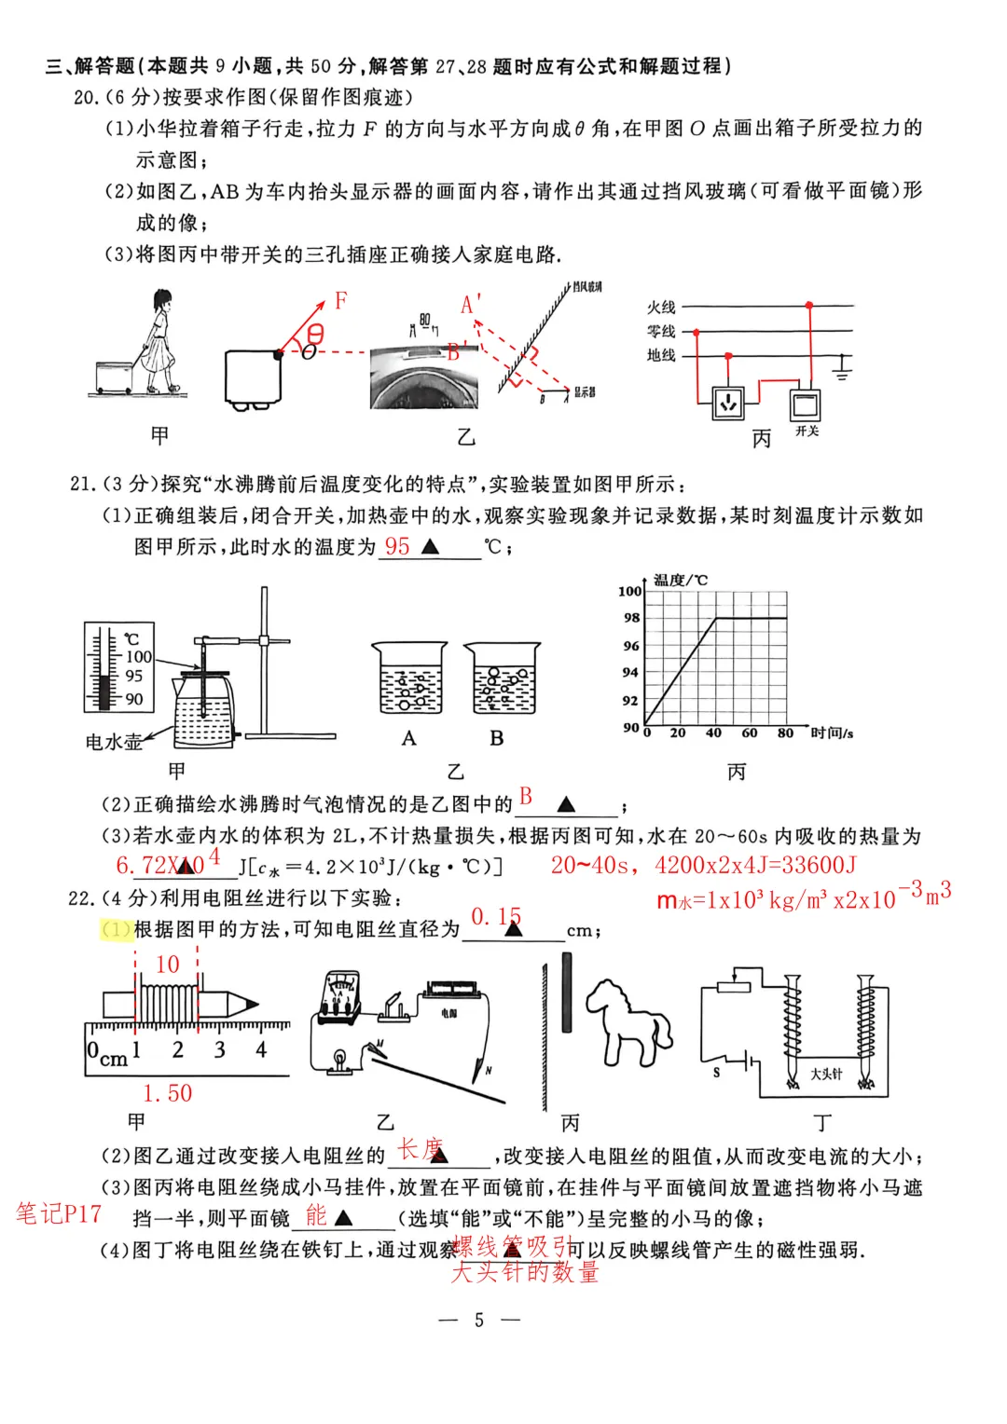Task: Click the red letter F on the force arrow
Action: click(341, 300)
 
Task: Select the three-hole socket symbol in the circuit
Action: click(728, 403)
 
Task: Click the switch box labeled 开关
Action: click(806, 405)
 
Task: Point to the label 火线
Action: click(661, 307)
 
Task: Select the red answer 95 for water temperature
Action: click(397, 547)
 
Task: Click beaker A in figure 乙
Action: click(408, 678)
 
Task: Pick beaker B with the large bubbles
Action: click(502, 678)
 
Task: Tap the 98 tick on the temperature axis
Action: click(631, 618)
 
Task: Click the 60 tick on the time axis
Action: click(750, 733)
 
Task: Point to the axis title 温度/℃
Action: click(681, 581)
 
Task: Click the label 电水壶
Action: click(114, 742)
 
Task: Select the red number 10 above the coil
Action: click(168, 965)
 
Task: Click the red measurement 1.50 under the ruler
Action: click(168, 1093)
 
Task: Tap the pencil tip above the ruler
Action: click(250, 1005)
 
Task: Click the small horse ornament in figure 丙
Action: click(628, 1020)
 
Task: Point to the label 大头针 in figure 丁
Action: click(826, 1074)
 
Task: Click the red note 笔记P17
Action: click(59, 1213)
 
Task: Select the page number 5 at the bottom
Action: click(479, 1320)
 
